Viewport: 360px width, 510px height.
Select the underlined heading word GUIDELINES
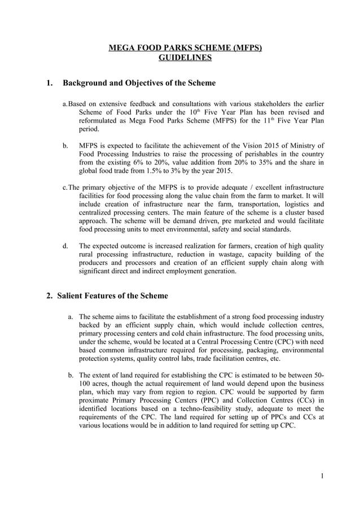(185, 58)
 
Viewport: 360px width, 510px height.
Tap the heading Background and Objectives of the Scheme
(139, 83)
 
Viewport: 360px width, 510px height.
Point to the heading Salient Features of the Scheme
(115, 295)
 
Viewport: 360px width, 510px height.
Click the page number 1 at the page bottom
(322, 476)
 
